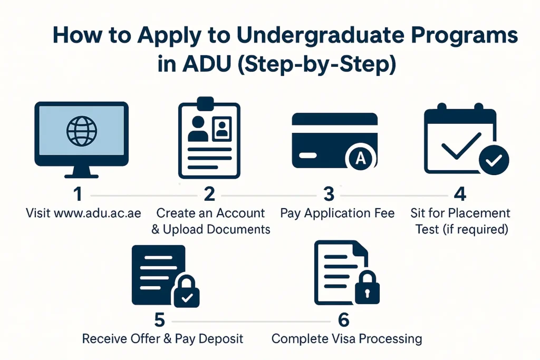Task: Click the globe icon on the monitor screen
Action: coord(82,131)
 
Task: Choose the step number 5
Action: coord(159,320)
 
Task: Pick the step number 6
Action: coord(344,320)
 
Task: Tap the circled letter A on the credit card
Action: coord(360,158)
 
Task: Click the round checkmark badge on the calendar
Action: coord(494,160)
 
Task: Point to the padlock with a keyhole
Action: coord(367,288)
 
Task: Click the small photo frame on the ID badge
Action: coord(222,129)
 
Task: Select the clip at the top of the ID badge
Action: coord(206,104)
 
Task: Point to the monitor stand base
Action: coord(82,176)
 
